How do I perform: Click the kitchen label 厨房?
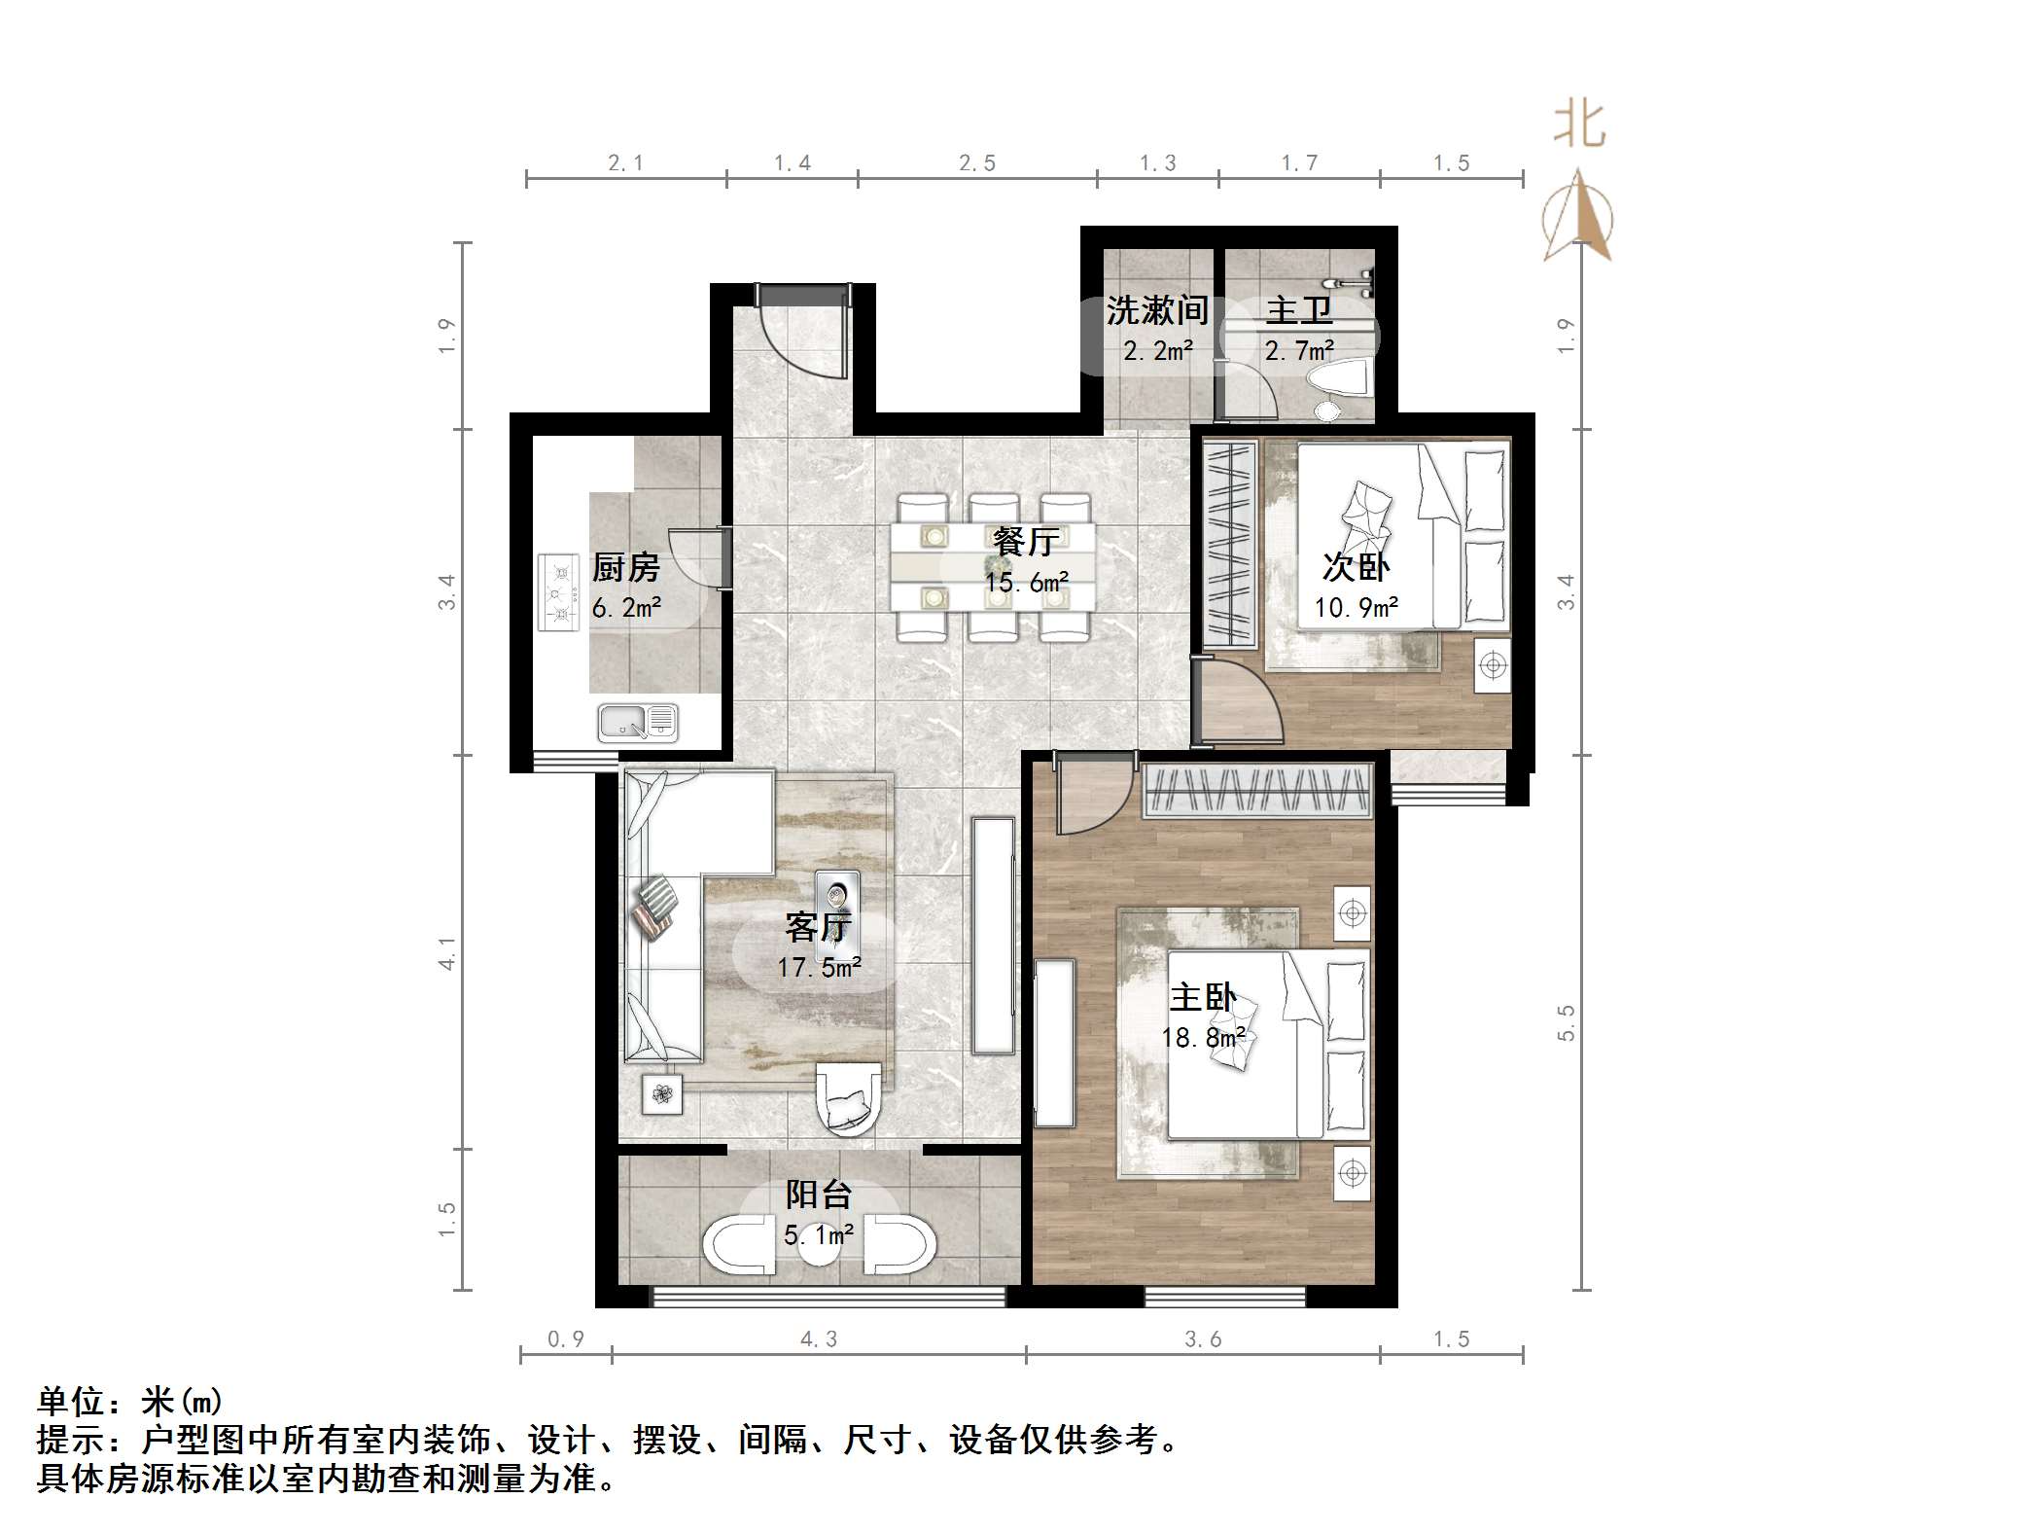pyautogui.click(x=625, y=567)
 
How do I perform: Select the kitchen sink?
pyautogui.click(x=637, y=723)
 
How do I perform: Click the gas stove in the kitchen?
pyautogui.click(x=558, y=591)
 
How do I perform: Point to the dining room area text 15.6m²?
pyautogui.click(x=1027, y=583)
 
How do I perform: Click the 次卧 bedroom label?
pyautogui.click(x=1356, y=567)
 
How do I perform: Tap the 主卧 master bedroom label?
pyautogui.click(x=1203, y=998)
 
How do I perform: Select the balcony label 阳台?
pyautogui.click(x=819, y=1195)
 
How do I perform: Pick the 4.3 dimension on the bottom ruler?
pyautogui.click(x=818, y=1339)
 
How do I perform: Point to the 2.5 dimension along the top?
pyautogui.click(x=976, y=163)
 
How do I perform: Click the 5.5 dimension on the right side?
pyautogui.click(x=1566, y=1023)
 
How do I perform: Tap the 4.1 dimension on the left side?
pyautogui.click(x=446, y=952)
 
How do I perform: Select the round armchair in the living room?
pyautogui.click(x=848, y=1099)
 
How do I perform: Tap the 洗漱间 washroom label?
pyautogui.click(x=1156, y=311)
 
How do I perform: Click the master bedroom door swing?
pyautogui.click(x=1091, y=798)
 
